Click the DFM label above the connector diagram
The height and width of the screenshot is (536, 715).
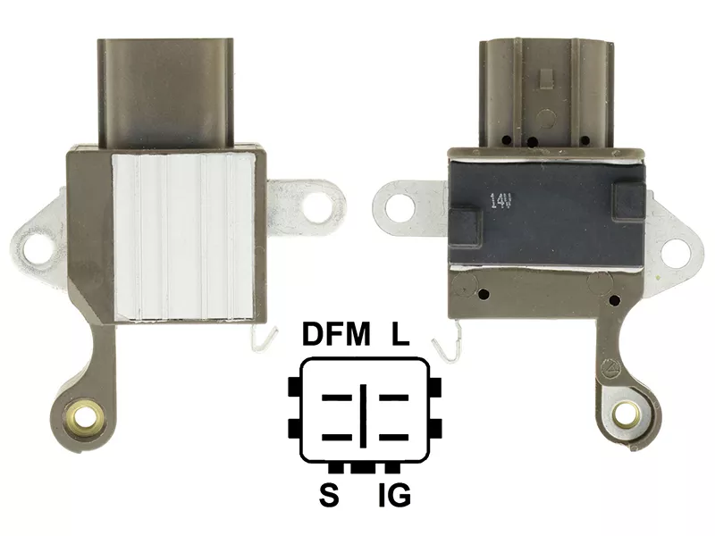point(336,334)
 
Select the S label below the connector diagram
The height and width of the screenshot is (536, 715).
point(329,495)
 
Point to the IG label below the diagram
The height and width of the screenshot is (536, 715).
point(394,495)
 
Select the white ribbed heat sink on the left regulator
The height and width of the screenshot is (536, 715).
point(183,237)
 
